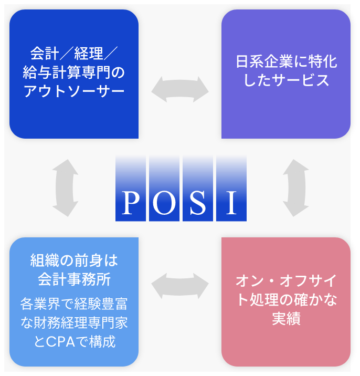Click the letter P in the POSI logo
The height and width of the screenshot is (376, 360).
tap(131, 202)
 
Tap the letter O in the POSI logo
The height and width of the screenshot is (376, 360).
tap(164, 202)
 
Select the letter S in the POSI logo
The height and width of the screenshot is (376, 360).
tap(197, 202)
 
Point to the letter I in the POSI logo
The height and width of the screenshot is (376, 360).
tap(231, 202)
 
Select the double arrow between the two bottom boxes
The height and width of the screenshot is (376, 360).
tap(180, 286)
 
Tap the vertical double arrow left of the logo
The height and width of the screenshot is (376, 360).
tap(66, 187)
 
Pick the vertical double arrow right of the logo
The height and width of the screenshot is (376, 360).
tap(295, 187)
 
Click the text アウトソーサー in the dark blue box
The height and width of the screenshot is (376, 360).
tap(74, 90)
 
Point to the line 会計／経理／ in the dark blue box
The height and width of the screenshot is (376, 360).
tap(74, 54)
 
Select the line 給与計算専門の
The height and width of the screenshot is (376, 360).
tap(74, 72)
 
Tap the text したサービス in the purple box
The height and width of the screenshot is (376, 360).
tap(286, 81)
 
